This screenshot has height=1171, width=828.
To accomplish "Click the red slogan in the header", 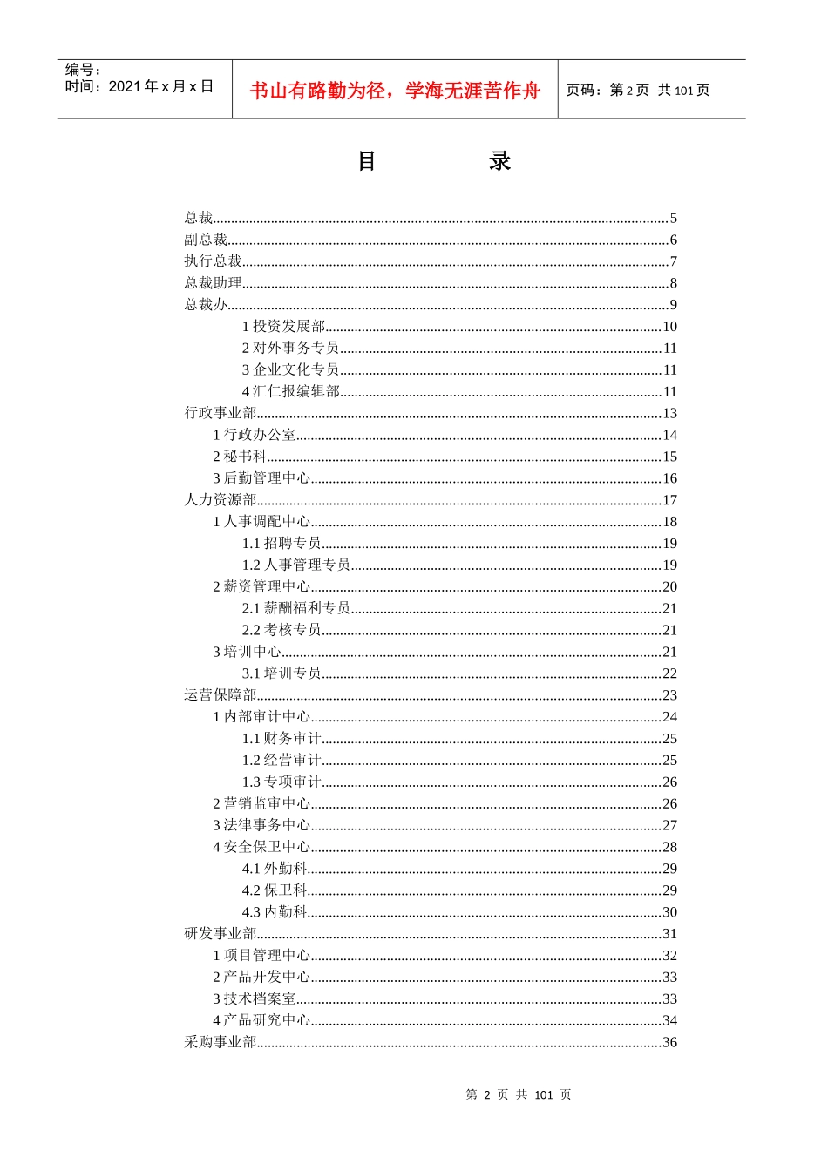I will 395,91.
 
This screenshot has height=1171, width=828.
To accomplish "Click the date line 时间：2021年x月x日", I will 139,86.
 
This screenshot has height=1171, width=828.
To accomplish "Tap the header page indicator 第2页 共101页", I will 638,90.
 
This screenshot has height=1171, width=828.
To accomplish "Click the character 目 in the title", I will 367,161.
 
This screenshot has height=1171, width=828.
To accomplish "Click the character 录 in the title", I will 499,161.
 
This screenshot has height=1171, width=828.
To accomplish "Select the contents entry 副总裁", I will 206,240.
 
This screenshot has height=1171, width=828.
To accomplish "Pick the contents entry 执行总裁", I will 213,261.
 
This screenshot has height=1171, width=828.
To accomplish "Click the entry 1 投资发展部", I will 283,327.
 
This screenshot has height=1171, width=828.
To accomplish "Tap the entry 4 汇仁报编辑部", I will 290,391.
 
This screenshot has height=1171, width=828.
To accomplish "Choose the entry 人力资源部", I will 221,500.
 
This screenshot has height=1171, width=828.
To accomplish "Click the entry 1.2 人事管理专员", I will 296,565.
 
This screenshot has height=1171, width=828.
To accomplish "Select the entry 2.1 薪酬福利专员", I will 296,608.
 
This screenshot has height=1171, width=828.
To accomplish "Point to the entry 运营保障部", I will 221,695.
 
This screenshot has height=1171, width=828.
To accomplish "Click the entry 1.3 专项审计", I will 282,782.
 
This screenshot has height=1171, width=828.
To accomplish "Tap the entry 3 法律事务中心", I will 261,825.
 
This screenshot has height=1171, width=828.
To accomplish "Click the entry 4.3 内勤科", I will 275,912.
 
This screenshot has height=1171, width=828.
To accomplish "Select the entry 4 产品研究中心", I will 261,1020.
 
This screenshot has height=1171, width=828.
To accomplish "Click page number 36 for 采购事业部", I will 669,1042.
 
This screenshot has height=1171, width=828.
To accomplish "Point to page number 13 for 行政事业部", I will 669,413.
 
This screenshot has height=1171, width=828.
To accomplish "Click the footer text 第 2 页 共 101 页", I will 519,1094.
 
